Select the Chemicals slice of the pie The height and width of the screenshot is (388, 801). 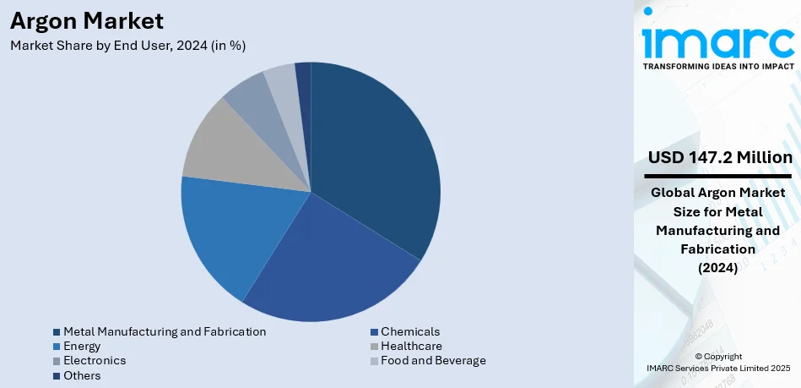[329, 262]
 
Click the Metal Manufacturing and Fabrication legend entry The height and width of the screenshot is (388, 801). [165, 331]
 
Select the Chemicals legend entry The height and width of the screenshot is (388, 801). [410, 331]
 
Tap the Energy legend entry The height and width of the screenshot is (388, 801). [82, 346]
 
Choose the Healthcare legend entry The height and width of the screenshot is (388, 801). [411, 346]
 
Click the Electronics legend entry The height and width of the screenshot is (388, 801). [95, 360]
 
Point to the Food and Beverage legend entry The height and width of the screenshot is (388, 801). [433, 360]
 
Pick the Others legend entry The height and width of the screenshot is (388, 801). [82, 375]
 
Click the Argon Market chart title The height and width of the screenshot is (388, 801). [86, 20]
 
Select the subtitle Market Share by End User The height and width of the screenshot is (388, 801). [127, 46]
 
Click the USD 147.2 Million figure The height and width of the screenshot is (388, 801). [720, 158]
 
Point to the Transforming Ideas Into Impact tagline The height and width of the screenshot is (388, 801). [718, 66]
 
